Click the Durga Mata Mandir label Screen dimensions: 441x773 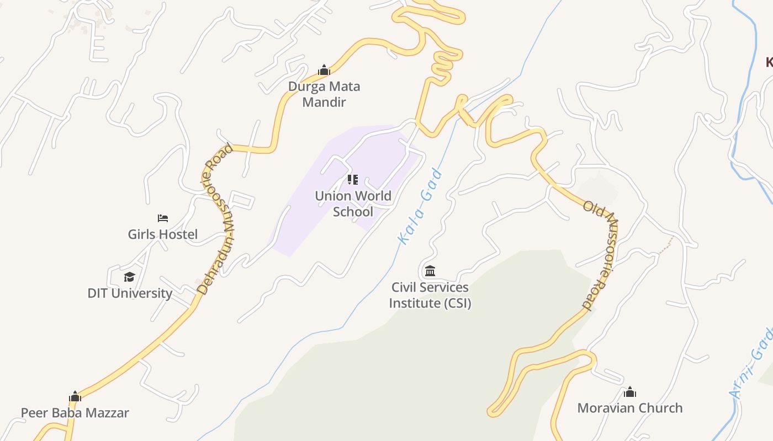coord(324,94)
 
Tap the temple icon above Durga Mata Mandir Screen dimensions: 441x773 coord(324,70)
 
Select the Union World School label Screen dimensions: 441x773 coord(353,203)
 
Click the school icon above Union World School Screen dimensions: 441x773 coord(353,179)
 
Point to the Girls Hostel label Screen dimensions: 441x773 coord(162,234)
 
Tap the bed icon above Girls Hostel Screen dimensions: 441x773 coord(162,218)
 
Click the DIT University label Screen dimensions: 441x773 coord(130,293)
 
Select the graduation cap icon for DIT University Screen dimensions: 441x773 coord(129,276)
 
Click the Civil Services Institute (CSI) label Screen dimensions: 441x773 coord(430,295)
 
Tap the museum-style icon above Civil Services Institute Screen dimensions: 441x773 coord(430,271)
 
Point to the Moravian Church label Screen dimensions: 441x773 coord(630,408)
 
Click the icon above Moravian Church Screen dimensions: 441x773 coord(630,392)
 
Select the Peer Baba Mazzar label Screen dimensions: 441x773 coord(75,412)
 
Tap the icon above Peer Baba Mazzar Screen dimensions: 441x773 coord(75,396)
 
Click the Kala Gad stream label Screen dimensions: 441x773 coord(420,207)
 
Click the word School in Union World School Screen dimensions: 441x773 coord(353,212)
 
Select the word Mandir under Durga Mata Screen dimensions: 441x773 coord(324,102)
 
